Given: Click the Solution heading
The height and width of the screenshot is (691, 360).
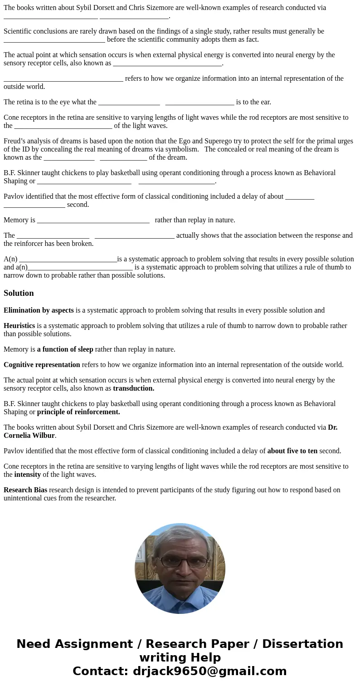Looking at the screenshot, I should click(x=19, y=293).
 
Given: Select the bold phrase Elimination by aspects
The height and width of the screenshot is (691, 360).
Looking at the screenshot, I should click(x=39, y=310).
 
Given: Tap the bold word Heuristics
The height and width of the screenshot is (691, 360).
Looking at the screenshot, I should click(x=19, y=326).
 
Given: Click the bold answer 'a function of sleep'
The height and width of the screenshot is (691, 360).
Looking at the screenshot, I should click(x=65, y=349).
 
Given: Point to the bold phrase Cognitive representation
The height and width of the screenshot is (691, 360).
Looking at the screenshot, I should click(x=42, y=365).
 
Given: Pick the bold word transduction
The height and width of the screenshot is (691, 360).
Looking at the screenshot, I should click(x=133, y=388).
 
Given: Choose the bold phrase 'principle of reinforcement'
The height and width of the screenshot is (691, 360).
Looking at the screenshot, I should click(x=78, y=412).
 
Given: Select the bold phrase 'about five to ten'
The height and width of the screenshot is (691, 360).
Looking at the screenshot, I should click(x=292, y=451).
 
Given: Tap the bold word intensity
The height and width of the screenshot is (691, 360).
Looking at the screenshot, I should click(x=27, y=475).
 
